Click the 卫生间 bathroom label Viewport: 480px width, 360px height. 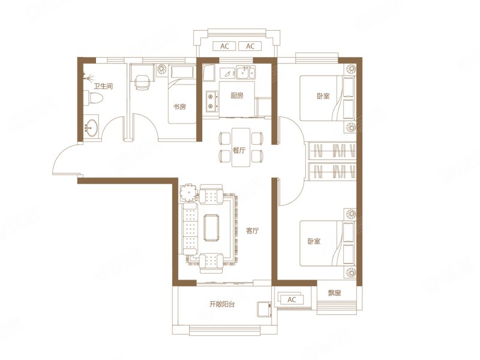tap(103, 86)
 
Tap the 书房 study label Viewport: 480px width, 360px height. tap(179, 107)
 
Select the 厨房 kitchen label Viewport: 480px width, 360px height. tap(237, 95)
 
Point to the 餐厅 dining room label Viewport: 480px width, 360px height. tap(239, 151)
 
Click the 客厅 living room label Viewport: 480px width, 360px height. tap(252, 231)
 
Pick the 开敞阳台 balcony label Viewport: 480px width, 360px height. tap(222, 304)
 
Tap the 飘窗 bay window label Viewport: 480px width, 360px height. tap(335, 293)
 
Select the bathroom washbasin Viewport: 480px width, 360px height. tap(91, 127)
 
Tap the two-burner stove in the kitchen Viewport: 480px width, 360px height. tap(211, 101)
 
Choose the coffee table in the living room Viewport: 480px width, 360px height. tap(212, 228)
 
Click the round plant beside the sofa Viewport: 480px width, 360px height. tap(189, 193)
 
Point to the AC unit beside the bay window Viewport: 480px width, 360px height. tap(292, 299)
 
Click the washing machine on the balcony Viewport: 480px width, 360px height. tap(263, 310)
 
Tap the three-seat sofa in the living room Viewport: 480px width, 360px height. tap(190, 229)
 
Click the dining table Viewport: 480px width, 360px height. tap(241, 147)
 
